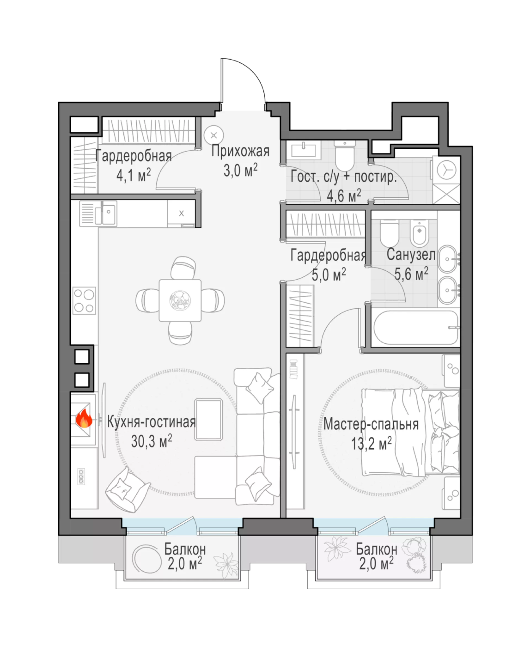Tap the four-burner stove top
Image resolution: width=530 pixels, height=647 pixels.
pyautogui.click(x=84, y=301)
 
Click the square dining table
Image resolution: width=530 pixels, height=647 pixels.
pyautogui.click(x=180, y=300)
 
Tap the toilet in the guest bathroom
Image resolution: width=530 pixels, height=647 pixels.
pyautogui.click(x=345, y=155)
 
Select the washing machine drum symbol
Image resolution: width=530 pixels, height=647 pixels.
pyautogui.click(x=446, y=170)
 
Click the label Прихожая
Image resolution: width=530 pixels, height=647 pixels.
pyautogui.click(x=241, y=152)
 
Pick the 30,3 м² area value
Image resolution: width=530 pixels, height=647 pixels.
pyautogui.click(x=152, y=441)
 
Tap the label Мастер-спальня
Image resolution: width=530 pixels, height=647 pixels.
pyautogui.click(x=371, y=425)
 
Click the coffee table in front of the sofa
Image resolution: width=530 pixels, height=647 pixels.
pyautogui.click(x=209, y=420)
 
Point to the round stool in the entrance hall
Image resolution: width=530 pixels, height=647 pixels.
pyautogui.click(x=214, y=135)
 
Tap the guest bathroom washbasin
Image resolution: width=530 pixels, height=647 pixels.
pyautogui.click(x=303, y=150)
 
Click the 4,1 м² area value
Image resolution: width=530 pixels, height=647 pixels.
pyautogui.click(x=133, y=175)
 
